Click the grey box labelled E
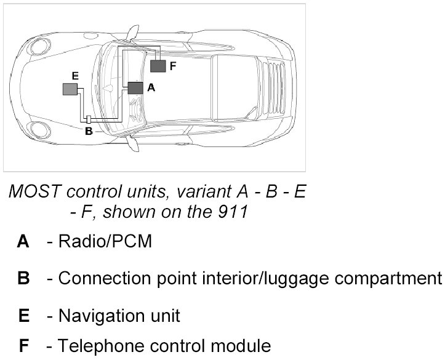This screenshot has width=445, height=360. pyautogui.click(x=70, y=89)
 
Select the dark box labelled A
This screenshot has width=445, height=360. pyautogui.click(x=135, y=88)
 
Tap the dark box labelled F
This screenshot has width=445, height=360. pyautogui.click(x=158, y=66)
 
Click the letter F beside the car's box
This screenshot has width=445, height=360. pyautogui.click(x=173, y=66)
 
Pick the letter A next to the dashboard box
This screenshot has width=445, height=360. pyautogui.click(x=151, y=88)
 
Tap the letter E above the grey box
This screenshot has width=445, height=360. pyautogui.click(x=74, y=76)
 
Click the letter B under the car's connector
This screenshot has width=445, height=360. pyautogui.click(x=88, y=130)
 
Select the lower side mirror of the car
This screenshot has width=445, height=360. pyautogui.click(x=131, y=144)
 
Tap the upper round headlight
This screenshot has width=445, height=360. pyautogui.click(x=41, y=45)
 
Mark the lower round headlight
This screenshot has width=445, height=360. pyautogui.click(x=40, y=130)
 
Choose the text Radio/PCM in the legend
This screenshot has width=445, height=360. pyautogui.click(x=105, y=241)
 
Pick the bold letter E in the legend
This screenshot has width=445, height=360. pyautogui.click(x=24, y=316)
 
